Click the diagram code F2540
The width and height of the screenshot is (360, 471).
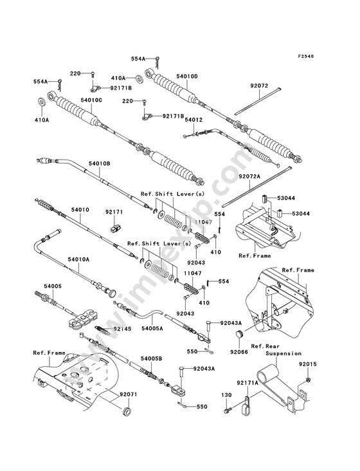(x=306, y=57)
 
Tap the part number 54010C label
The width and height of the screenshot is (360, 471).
(x=91, y=100)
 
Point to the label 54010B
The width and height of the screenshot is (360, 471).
(x=99, y=163)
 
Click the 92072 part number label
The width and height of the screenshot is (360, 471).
(x=259, y=86)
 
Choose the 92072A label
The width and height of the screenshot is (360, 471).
(x=249, y=176)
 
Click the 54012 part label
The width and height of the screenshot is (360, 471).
(x=194, y=120)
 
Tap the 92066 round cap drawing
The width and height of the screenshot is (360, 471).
(x=239, y=335)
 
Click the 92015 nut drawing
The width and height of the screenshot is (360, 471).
(x=308, y=380)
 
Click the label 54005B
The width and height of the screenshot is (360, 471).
(x=152, y=358)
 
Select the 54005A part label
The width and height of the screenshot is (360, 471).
(x=152, y=328)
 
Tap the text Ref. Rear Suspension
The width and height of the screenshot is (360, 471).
(x=276, y=350)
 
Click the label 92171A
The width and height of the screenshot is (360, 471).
(x=248, y=383)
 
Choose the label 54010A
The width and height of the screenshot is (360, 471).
(x=78, y=259)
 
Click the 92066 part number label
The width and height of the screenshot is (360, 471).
(x=239, y=352)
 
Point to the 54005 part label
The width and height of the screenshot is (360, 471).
(x=53, y=286)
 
